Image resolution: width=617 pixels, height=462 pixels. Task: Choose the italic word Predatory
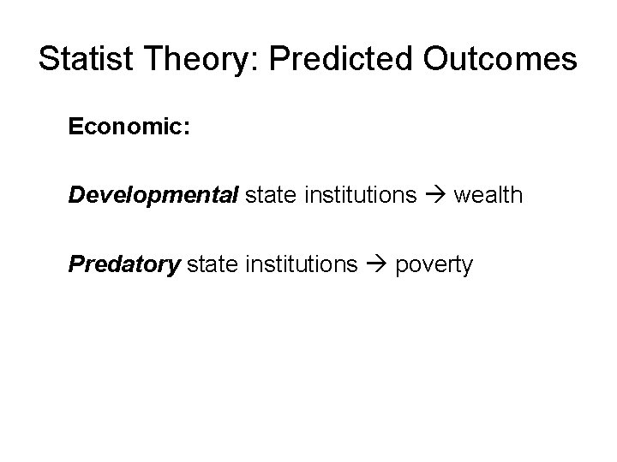pyautogui.click(x=124, y=264)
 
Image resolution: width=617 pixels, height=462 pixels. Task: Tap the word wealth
pyautogui.click(x=486, y=195)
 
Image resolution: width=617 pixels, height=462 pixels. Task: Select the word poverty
pyautogui.click(x=434, y=264)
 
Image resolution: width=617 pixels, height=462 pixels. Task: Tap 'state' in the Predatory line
pyautogui.click(x=209, y=264)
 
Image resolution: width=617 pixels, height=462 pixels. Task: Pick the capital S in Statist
pyautogui.click(x=50, y=59)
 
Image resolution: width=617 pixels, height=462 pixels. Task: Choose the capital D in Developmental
pyautogui.click(x=77, y=195)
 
